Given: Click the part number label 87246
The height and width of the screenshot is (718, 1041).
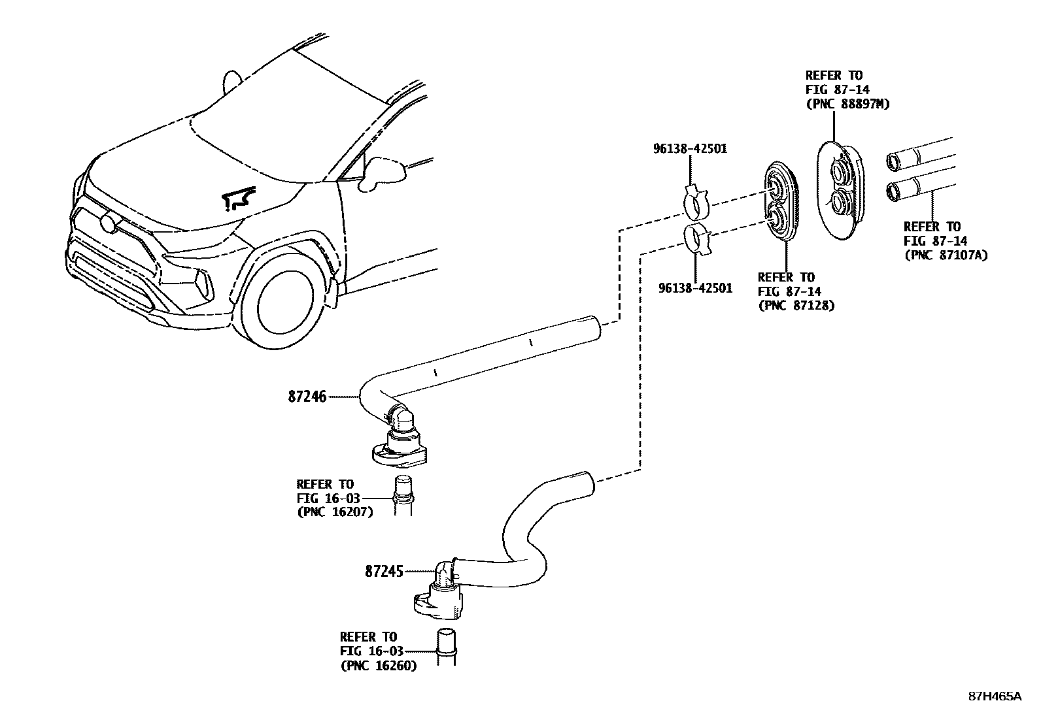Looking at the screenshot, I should tap(307, 396).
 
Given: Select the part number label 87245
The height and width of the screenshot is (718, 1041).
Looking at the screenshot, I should tap(384, 571).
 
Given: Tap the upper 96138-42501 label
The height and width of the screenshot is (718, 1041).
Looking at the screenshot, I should tap(689, 149).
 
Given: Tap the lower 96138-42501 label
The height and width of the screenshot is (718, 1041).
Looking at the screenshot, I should tap(695, 288).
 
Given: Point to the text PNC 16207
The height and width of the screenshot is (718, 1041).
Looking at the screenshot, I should tap(335, 512).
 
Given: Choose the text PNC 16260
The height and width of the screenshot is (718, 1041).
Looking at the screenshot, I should tap(379, 666).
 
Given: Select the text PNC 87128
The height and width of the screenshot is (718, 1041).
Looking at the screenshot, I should tap(796, 305).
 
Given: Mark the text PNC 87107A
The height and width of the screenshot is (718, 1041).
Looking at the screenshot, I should tap(946, 255).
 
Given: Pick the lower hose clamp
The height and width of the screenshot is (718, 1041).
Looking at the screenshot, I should tap(698, 240).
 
